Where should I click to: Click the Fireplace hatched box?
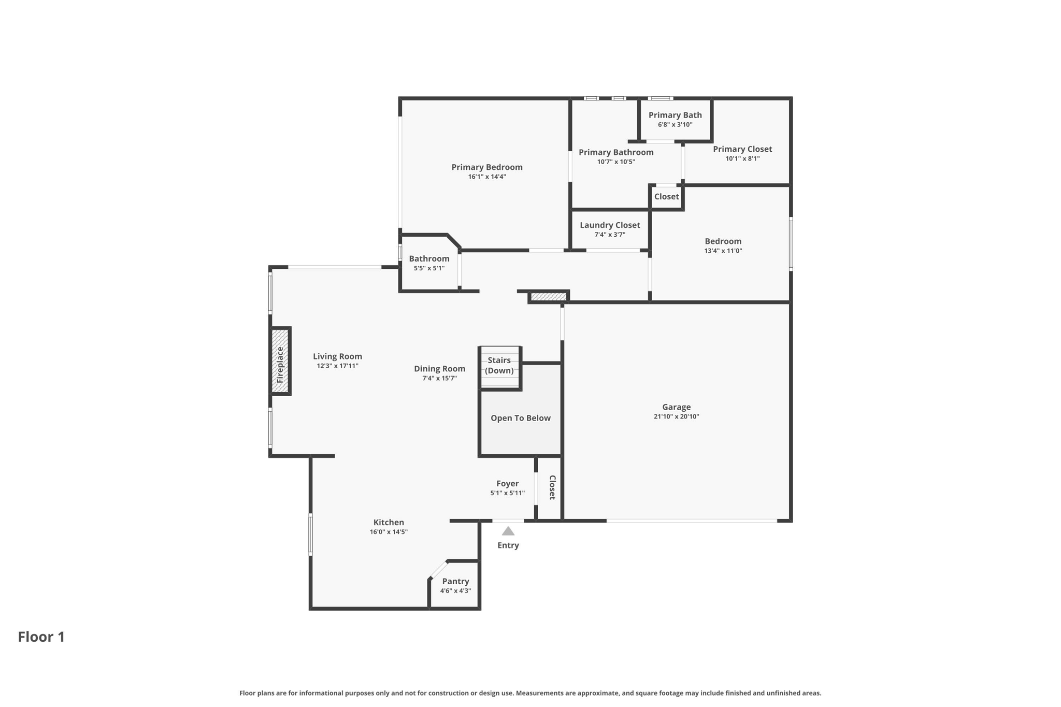280,361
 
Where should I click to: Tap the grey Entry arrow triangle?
508,531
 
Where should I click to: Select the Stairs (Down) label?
499,365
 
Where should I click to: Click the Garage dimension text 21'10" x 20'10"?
677,416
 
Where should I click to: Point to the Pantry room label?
455,581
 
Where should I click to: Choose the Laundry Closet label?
610,225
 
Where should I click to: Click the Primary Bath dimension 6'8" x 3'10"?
675,125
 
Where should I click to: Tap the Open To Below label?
521,418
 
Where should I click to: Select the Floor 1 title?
41,637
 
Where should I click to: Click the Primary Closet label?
742,149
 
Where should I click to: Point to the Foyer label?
508,484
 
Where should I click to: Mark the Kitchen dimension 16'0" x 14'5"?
389,532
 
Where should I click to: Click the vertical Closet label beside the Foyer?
552,487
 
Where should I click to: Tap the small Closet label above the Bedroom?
666,196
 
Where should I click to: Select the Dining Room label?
439,369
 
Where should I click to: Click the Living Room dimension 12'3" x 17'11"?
337,366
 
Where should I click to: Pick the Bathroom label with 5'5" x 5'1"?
429,258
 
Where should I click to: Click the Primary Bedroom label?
487,167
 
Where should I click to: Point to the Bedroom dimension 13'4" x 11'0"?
723,251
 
